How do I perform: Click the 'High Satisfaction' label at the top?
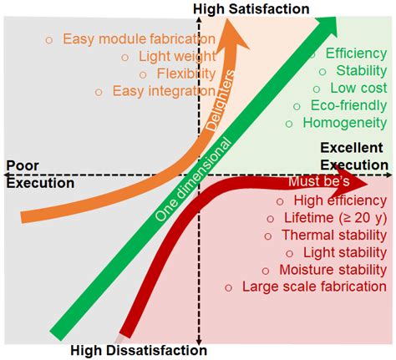tap(251, 8)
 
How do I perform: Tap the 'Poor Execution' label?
tap(40, 175)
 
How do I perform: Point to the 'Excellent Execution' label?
tap(351, 155)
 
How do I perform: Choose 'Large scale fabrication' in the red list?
tap(313, 286)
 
